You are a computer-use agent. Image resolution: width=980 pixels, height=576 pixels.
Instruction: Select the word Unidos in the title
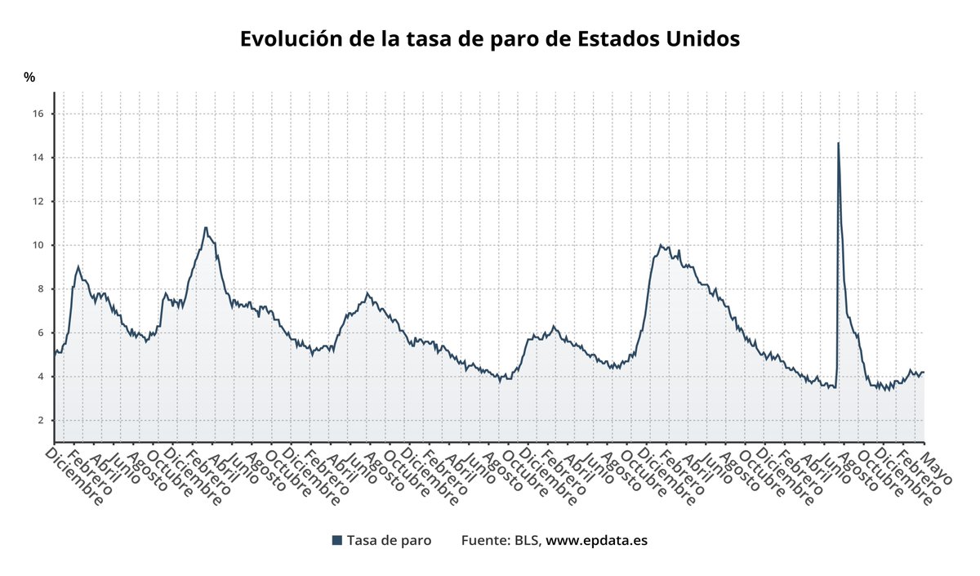click(x=701, y=39)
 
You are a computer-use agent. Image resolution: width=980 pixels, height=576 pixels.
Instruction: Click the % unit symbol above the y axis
click(x=29, y=78)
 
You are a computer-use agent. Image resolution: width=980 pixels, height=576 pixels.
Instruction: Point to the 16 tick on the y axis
click(x=38, y=114)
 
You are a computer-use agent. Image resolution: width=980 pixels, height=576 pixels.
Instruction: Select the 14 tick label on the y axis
click(x=38, y=158)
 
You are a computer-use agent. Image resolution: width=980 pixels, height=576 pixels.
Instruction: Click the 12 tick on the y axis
click(x=38, y=201)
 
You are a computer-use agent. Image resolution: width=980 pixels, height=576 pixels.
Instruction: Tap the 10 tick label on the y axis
click(x=38, y=245)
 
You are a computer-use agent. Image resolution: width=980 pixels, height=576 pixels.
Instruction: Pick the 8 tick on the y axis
click(x=40, y=289)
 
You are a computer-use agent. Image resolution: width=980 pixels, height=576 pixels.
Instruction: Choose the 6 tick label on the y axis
click(x=40, y=333)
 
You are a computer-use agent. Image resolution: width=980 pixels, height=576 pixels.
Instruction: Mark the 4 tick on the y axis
click(x=40, y=377)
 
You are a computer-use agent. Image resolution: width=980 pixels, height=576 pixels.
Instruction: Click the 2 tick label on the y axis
click(x=40, y=421)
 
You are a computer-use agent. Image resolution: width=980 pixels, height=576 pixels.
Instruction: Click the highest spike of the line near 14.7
click(x=838, y=144)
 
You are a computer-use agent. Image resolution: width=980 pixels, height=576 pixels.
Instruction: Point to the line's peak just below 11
click(x=206, y=228)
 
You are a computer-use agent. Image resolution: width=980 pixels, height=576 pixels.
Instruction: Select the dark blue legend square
click(x=336, y=540)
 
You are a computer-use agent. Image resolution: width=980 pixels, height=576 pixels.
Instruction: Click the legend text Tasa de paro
click(x=389, y=540)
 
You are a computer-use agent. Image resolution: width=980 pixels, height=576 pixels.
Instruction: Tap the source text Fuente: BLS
click(x=500, y=540)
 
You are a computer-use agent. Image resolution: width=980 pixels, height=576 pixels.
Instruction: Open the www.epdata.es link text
click(x=596, y=540)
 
